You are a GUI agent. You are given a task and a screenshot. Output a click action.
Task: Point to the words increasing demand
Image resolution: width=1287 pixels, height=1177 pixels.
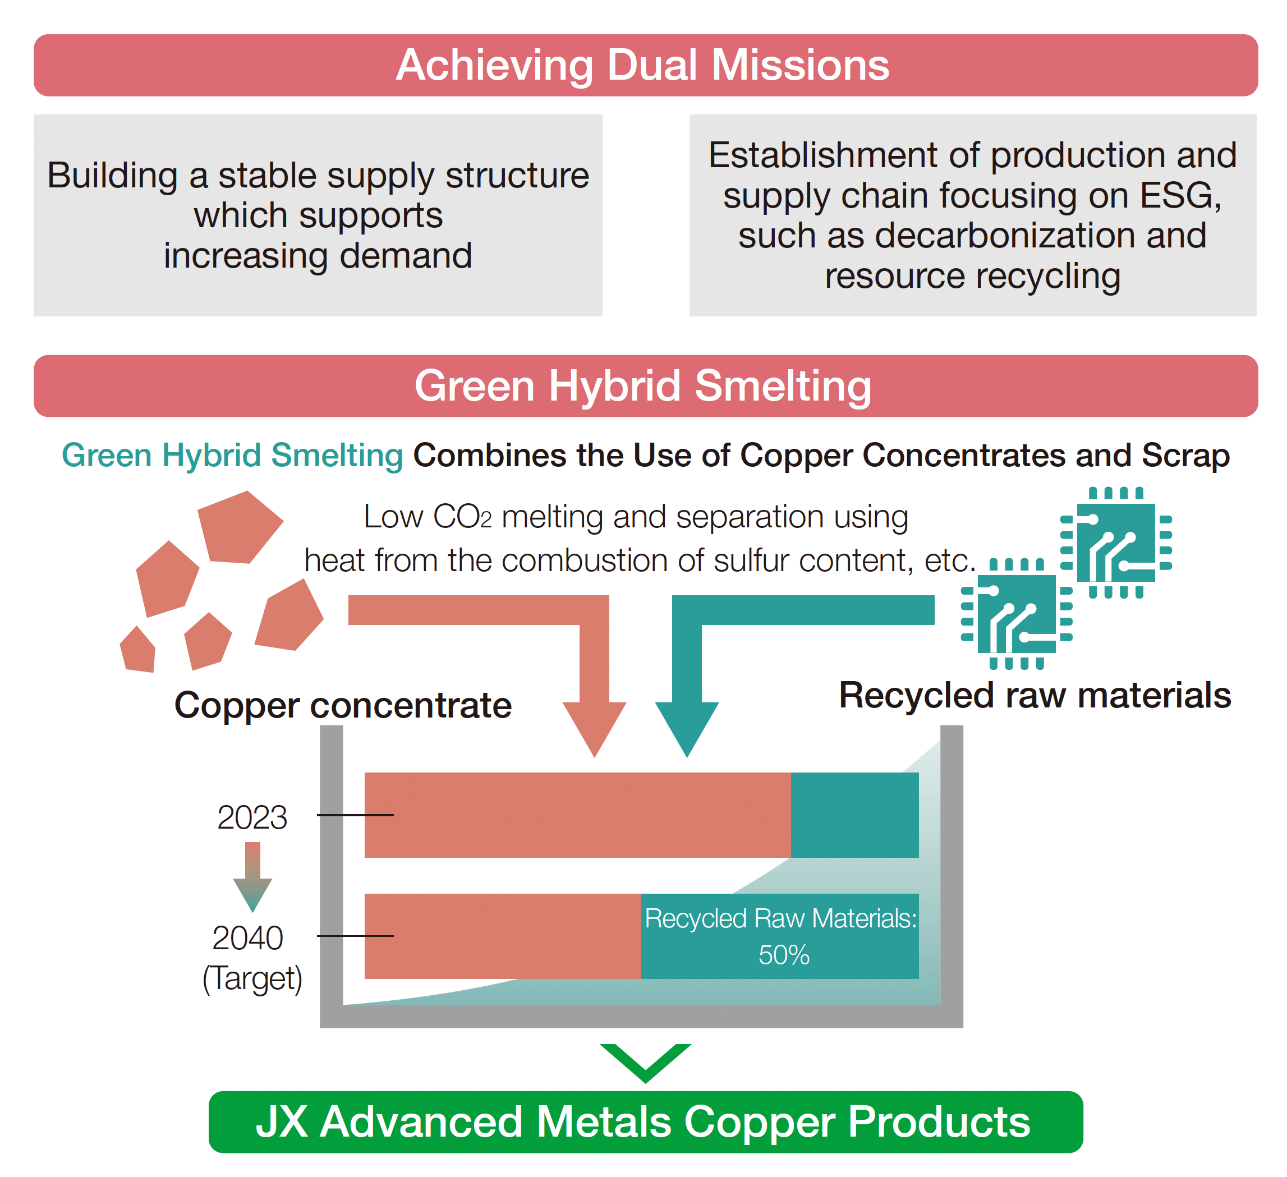pos(318,256)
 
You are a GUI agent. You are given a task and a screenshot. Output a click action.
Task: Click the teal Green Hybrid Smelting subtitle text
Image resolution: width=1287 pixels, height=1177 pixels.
pos(232,456)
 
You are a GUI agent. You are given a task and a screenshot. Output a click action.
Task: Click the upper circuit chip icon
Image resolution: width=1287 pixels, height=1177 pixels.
pos(1115,542)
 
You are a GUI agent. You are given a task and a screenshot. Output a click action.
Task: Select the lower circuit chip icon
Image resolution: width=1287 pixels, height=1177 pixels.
pos(1017,613)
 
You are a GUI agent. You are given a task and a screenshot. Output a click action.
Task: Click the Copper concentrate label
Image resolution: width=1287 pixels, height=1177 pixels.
pos(343,705)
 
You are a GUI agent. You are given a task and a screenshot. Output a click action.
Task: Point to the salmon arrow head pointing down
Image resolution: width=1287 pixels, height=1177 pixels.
pos(594,728)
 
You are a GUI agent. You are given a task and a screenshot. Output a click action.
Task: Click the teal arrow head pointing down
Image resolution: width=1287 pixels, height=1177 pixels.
pos(687,728)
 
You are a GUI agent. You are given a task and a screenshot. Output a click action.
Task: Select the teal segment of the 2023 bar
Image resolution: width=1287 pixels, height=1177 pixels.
pos(854,815)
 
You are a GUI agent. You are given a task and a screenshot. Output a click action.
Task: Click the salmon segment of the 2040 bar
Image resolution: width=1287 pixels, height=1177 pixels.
pos(503,936)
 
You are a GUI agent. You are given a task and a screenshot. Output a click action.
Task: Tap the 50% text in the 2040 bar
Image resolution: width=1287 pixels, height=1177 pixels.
pos(784,955)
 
